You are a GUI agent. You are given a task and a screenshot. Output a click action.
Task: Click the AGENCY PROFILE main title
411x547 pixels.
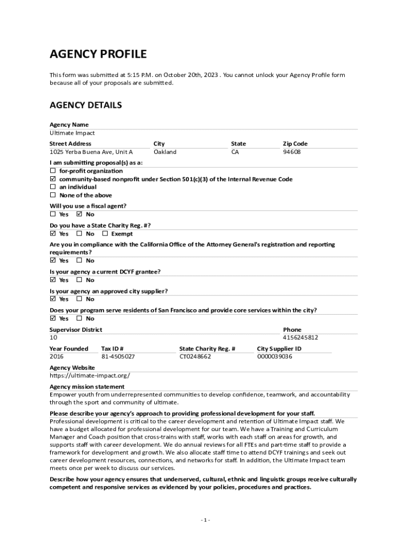pos(98,54)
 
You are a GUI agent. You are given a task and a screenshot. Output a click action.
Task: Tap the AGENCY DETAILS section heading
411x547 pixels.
pos(86,105)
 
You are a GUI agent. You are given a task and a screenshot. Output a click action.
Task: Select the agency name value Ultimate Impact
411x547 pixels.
pos(72,133)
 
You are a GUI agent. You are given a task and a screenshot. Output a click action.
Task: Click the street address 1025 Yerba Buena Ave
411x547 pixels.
pos(91,152)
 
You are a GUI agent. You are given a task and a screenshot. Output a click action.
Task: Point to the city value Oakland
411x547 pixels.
pos(165,152)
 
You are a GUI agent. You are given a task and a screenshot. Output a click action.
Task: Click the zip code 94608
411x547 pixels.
pos(292,152)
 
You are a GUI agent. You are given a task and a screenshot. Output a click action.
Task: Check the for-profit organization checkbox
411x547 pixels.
pos(53,171)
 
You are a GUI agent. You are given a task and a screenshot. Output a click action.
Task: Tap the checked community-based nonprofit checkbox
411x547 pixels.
pos(53,179)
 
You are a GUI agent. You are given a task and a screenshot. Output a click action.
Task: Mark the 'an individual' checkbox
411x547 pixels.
pos(53,187)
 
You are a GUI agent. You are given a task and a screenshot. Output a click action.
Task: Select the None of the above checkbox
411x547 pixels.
pos(53,195)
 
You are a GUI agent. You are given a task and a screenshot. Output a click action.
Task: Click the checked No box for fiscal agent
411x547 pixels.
pos(80,214)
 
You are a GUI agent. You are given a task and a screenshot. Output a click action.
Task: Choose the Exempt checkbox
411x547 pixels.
pos(105,233)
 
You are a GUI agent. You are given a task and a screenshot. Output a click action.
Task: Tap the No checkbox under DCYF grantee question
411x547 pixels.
pos(80,280)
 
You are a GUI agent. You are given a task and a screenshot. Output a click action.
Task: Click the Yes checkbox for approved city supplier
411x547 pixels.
pos(53,299)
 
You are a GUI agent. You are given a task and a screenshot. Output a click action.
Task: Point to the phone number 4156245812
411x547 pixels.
pos(301,338)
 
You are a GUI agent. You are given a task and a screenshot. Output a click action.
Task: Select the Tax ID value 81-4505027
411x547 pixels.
pos(118,356)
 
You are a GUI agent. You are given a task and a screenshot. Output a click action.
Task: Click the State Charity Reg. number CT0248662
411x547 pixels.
pos(195,356)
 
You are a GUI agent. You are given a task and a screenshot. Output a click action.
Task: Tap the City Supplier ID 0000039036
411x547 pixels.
pos(275,356)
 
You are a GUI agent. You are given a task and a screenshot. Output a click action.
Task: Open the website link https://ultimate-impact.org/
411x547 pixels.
pos(90,376)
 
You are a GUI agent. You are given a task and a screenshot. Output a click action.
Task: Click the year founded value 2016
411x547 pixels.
pos(57,356)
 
